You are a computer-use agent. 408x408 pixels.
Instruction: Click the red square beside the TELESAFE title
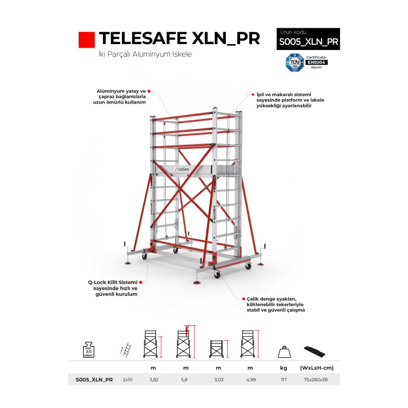[x=87, y=40]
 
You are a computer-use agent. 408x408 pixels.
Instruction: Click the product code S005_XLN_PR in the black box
[x=308, y=42]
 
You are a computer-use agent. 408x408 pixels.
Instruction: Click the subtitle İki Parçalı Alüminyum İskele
[x=145, y=54]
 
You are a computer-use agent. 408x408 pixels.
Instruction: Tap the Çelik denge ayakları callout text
[x=276, y=305]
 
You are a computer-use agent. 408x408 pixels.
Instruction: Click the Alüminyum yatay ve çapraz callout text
[x=121, y=97]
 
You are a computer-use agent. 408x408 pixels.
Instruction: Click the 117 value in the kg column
[x=284, y=380]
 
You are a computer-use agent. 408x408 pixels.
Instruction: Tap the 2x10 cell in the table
[x=127, y=380]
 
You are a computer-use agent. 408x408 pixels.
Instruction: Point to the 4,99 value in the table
[x=250, y=380]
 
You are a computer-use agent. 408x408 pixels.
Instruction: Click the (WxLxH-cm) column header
[x=313, y=368]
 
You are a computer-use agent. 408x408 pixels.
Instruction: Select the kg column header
[x=284, y=368]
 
